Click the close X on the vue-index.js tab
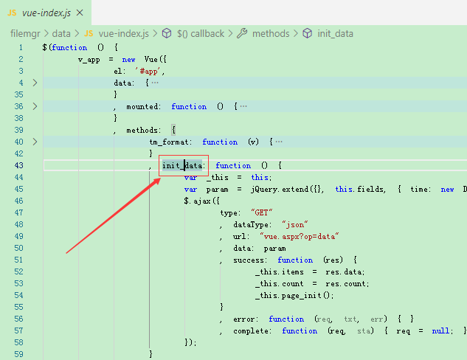tap(80, 13)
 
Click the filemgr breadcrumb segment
tap(25, 34)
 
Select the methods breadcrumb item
tap(271, 34)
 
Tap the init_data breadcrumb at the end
tap(335, 34)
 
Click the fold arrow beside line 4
tap(35, 83)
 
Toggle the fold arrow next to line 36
tap(35, 106)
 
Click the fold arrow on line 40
tap(35, 142)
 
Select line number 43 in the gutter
tap(18, 165)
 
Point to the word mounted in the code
tap(142, 107)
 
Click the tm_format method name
tap(168, 142)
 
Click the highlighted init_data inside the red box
tap(182, 165)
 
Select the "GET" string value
tap(261, 212)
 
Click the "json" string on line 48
tap(294, 224)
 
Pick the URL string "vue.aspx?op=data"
tap(299, 236)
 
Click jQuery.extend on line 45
tap(280, 190)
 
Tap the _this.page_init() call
tap(294, 295)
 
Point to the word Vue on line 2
tap(151, 59)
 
